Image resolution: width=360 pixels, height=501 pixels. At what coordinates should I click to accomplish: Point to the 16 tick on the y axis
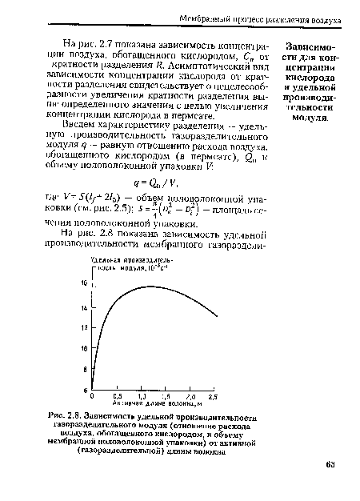pos(84,283)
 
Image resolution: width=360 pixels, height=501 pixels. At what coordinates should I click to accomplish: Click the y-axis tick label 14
pos(84,307)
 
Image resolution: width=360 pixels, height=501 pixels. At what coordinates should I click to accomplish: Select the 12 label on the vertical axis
pos(84,329)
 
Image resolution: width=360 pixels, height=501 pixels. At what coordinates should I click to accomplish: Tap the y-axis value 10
pos(84,350)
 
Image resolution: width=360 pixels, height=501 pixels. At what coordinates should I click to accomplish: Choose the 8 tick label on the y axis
pos(85,371)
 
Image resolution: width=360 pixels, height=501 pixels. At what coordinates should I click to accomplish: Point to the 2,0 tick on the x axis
pos(191,396)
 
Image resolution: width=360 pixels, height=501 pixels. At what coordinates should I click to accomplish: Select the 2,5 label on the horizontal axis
pos(214,396)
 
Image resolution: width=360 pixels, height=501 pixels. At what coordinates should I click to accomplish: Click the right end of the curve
pos(217,316)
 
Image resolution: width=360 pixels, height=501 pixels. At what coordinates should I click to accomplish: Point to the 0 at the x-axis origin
pos(94,396)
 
